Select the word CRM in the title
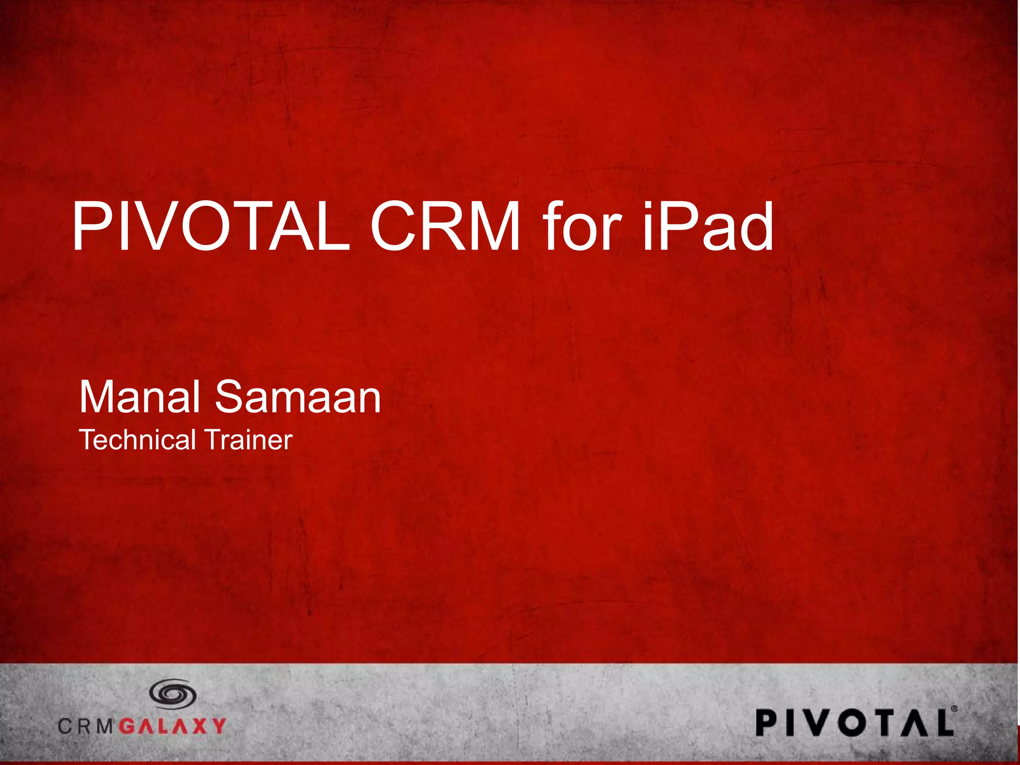445,227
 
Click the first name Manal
139,397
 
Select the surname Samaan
298,397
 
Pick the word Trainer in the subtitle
249,440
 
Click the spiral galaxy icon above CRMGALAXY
173,694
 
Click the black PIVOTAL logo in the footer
855,723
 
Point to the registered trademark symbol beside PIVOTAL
954,708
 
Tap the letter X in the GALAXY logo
199,726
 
